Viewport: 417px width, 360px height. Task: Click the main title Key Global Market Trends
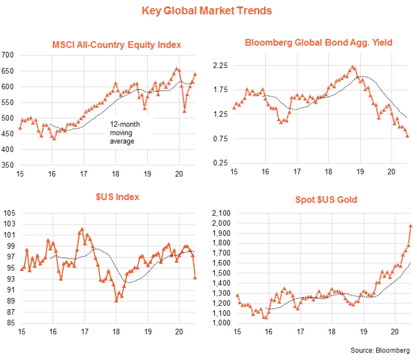207,11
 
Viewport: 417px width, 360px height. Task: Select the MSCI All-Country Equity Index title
117,45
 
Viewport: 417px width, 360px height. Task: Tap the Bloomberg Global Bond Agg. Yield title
318,43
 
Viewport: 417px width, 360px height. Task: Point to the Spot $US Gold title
326,200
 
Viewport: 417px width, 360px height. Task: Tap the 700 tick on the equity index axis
9,55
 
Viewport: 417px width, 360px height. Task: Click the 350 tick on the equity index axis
9,166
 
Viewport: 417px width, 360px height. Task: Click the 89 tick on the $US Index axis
10,301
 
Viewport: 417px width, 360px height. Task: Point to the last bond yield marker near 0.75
408,136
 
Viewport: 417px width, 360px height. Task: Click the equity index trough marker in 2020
185,111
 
